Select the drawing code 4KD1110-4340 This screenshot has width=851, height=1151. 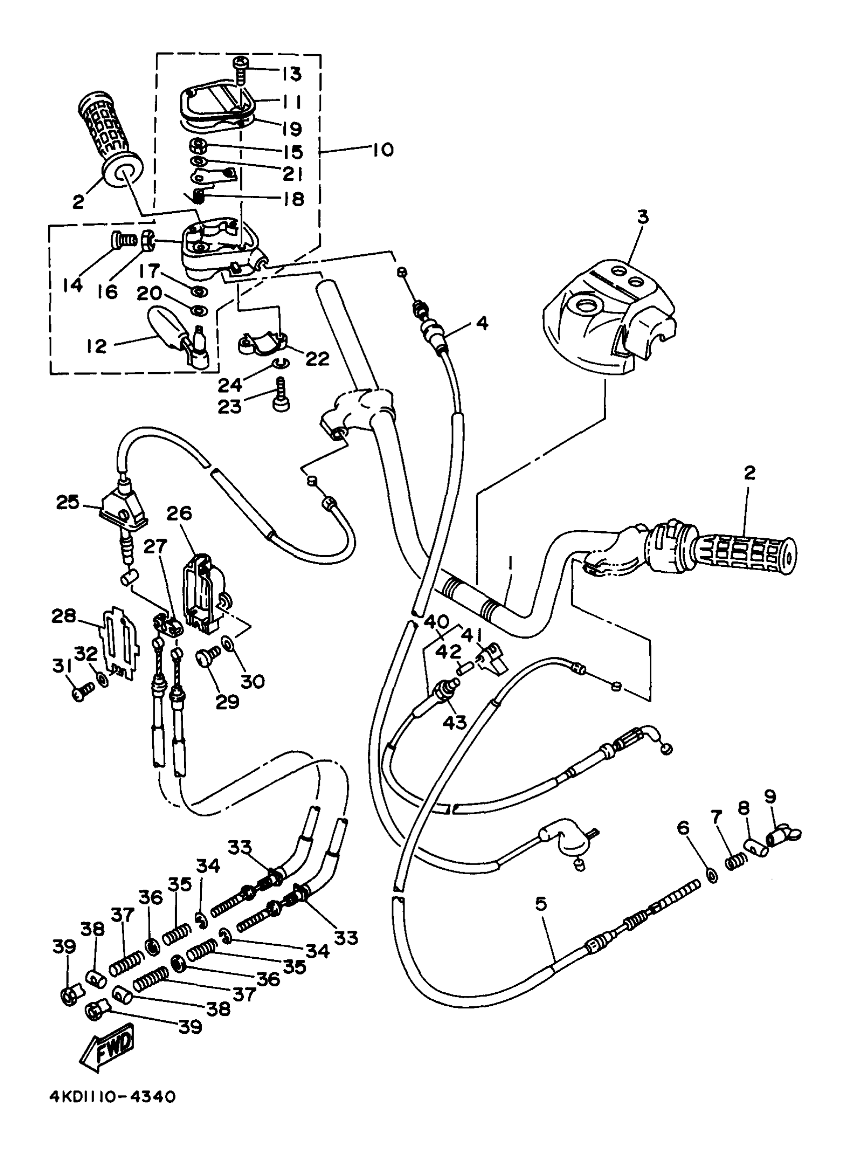point(112,1110)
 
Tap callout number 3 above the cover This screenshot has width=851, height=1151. point(643,217)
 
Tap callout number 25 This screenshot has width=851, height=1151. point(68,502)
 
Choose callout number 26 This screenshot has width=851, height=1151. point(179,513)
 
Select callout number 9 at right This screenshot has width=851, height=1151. point(769,797)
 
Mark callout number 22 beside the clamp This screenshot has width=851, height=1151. point(317,358)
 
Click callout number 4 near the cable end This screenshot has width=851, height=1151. point(482,323)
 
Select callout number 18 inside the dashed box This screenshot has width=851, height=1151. point(294,199)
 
